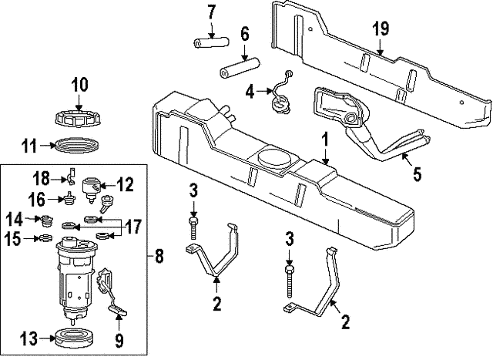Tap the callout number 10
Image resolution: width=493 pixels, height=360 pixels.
(x=80, y=84)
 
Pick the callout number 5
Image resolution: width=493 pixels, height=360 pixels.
(x=417, y=173)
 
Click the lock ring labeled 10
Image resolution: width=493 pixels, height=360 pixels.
(x=79, y=119)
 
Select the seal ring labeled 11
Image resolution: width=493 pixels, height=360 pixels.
(x=79, y=144)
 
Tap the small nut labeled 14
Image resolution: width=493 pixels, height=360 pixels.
(x=45, y=220)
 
